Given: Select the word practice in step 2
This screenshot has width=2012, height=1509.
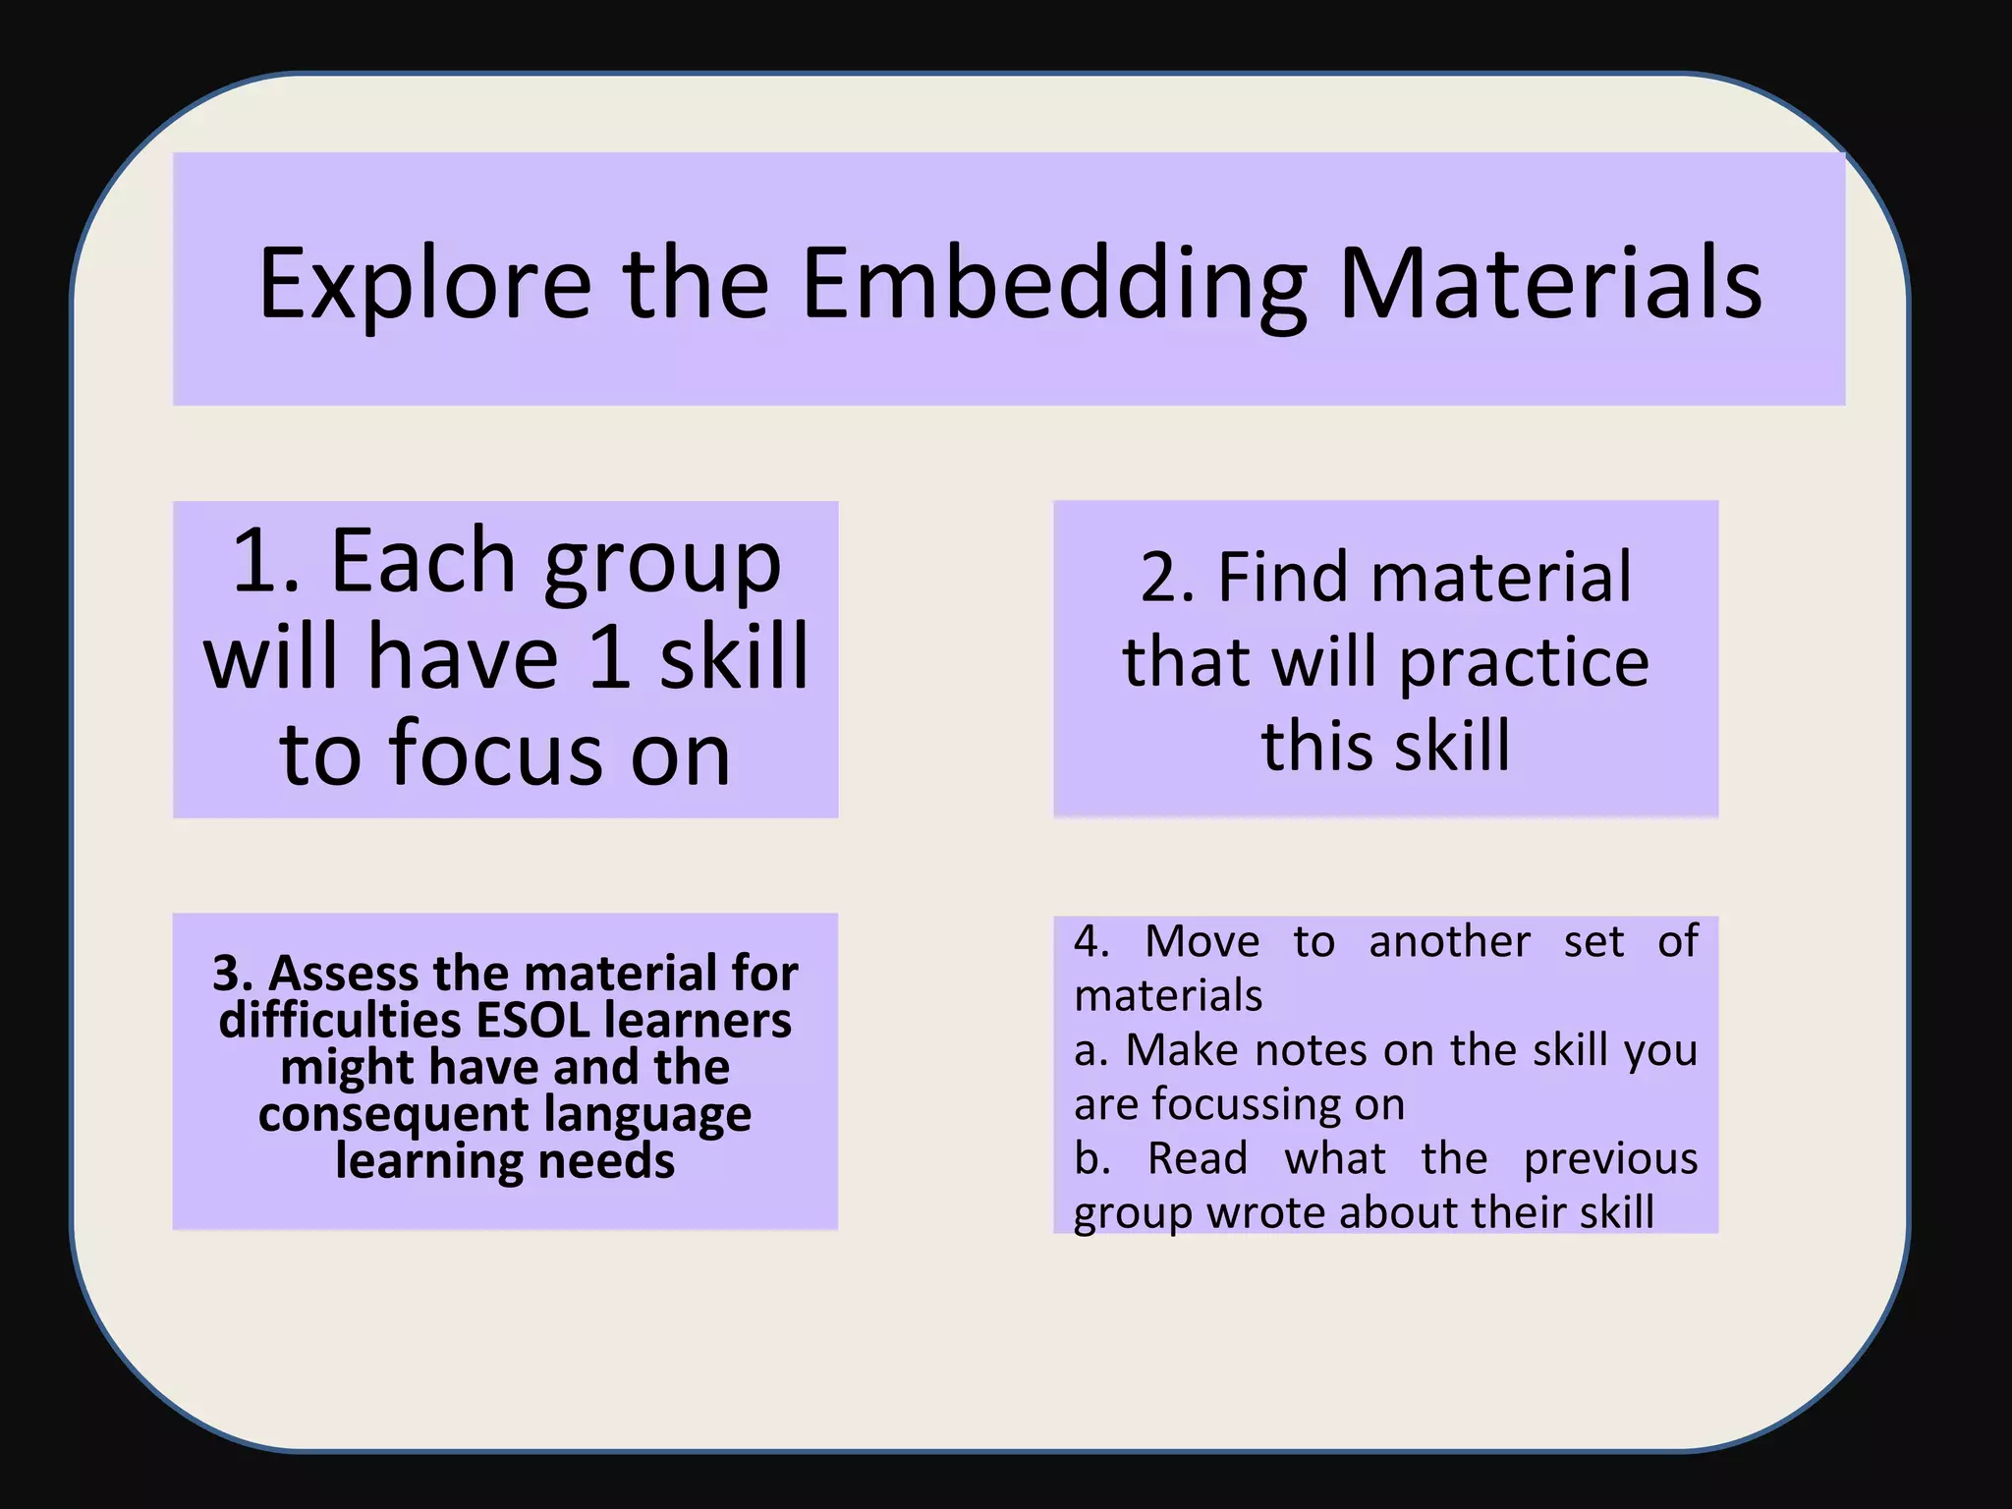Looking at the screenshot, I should click(1524, 664).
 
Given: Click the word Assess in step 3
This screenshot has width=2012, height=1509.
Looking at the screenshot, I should click(344, 974).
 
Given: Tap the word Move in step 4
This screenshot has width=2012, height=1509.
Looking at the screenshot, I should click(1202, 942).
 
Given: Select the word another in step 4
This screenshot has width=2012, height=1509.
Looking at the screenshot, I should click(1449, 942).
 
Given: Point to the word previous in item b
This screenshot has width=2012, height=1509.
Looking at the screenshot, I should click(1610, 1159).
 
